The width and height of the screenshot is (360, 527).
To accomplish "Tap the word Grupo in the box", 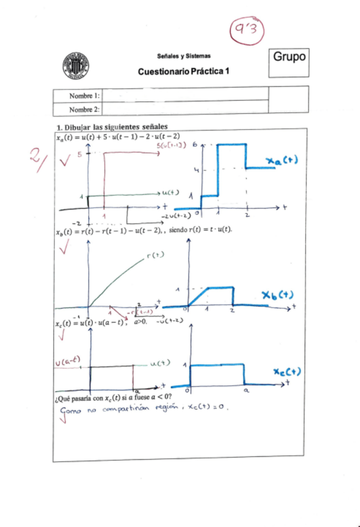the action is (x=290, y=57).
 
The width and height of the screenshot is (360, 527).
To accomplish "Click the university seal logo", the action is (x=75, y=66).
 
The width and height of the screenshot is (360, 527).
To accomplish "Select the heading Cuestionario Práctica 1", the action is (x=184, y=71).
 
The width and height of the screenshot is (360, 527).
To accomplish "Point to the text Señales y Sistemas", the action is (x=184, y=55).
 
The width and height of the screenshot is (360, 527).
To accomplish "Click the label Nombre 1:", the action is (x=84, y=95).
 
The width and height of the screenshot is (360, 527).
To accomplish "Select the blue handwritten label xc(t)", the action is (x=287, y=372).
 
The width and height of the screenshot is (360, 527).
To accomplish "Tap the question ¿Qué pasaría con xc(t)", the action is (x=114, y=396).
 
